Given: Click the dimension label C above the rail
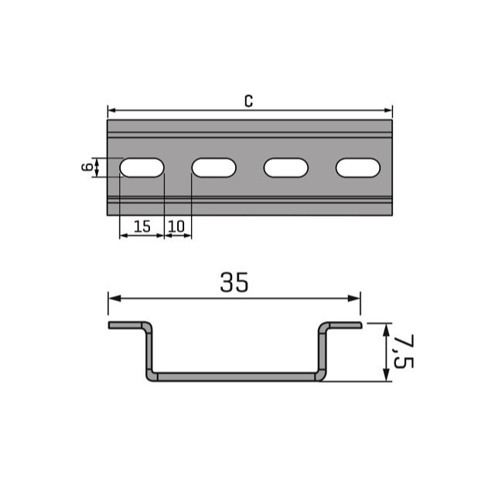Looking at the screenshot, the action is click(x=249, y=101).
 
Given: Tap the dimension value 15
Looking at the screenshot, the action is click(x=142, y=227).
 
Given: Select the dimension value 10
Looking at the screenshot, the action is click(x=176, y=227).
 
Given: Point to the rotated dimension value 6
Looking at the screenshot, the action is click(x=87, y=167).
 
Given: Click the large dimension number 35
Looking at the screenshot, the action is click(x=234, y=282).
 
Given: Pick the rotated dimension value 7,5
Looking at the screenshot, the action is click(x=404, y=352).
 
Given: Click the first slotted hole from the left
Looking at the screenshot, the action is click(x=142, y=168).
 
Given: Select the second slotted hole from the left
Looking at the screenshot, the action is click(x=214, y=168).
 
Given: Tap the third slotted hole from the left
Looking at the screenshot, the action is click(x=286, y=168).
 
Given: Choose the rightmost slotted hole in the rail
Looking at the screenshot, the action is click(x=358, y=168).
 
